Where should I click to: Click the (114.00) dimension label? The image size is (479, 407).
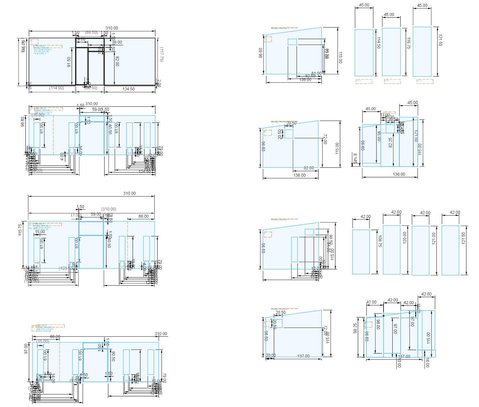coord(57,88)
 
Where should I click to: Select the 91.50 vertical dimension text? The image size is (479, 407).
coord(69,62)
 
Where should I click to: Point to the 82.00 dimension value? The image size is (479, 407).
coord(117,61)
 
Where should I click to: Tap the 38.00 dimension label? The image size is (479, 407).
coord(117,42)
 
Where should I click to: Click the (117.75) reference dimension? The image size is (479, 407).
coord(162,55)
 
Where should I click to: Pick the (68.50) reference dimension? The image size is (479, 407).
coord(91,33)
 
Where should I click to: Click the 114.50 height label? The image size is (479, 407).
coord(379,43)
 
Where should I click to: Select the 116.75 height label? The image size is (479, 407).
coord(408,43)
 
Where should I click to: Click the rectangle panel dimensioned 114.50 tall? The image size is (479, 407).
coord(364,53)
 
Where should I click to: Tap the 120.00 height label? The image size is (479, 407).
coord(405,238)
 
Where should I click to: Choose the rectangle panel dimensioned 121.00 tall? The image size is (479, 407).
coord(421,251)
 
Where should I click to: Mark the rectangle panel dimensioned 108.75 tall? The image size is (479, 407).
coord(361,252)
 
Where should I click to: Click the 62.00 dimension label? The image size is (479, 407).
coord(309,168)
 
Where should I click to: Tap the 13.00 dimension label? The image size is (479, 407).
coord(385,115)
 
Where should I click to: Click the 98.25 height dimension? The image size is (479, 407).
coord(355,328)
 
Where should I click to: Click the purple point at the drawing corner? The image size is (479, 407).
coord(29,85)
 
